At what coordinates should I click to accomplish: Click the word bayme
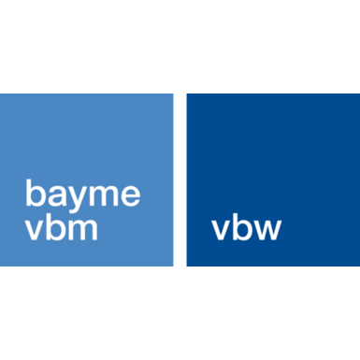(83, 195)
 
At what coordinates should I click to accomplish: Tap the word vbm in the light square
(62, 227)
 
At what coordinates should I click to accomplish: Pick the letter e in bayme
(131, 196)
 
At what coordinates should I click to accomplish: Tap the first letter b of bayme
(36, 194)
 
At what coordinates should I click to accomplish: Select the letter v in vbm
(34, 230)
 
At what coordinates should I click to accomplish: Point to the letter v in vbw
(222, 230)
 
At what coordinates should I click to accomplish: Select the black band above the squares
(180, 47)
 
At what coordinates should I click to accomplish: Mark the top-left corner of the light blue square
(1, 94)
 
